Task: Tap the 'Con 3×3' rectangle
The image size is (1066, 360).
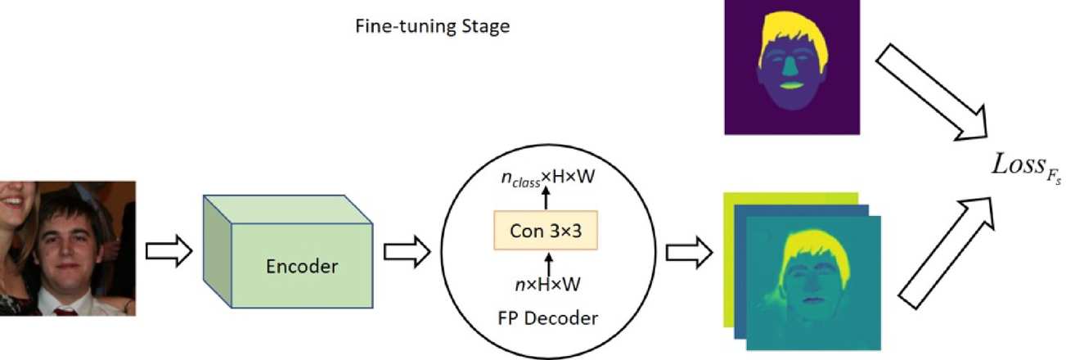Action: (x=546, y=231)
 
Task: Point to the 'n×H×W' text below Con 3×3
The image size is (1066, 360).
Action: (x=546, y=284)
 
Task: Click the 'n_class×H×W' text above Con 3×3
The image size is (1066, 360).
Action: (x=546, y=178)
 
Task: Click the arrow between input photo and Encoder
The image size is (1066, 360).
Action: (x=168, y=250)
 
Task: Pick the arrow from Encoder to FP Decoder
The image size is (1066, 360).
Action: (x=406, y=250)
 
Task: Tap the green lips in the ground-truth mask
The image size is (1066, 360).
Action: (x=791, y=84)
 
